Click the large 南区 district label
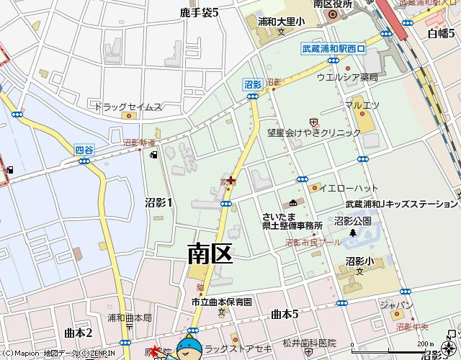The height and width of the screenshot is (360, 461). coord(210,253)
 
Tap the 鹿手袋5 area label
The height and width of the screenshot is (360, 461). coord(199,12)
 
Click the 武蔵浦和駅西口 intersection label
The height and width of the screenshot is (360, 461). coord(334,49)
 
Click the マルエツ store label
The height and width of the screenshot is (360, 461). coord(361,105)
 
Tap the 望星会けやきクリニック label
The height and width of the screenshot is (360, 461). coord(313,133)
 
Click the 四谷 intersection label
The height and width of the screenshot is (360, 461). coord(85,150)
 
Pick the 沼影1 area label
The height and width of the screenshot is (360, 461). coord(158,202)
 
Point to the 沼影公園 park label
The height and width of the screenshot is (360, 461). coord(352,221)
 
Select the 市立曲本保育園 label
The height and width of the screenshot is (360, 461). coord(222,302)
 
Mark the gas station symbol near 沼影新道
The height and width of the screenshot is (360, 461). coord(152,154)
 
